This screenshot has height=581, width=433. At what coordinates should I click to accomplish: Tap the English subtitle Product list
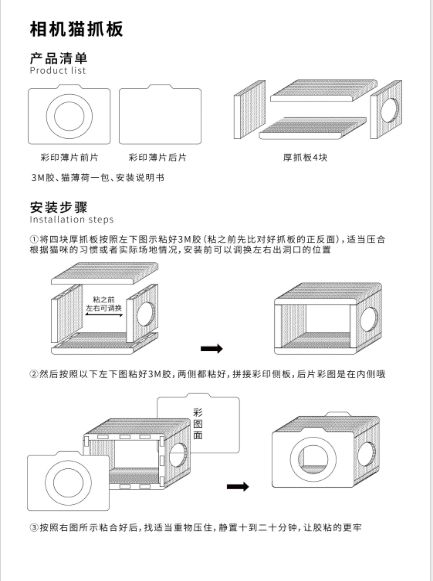pos(58,71)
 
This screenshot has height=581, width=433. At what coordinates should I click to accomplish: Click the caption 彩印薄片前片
pos(69,157)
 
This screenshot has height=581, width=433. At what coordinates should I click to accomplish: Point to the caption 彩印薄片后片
pos(157,157)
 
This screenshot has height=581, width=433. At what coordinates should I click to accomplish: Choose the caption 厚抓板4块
pos(305,157)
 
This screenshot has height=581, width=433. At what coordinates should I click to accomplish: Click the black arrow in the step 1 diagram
pos(211,348)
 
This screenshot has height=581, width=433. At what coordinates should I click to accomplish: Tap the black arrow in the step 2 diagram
pos(237,487)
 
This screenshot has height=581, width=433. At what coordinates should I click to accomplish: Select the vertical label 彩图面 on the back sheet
pos(198,424)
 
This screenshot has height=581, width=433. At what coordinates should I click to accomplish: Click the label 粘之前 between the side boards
pos(104,300)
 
